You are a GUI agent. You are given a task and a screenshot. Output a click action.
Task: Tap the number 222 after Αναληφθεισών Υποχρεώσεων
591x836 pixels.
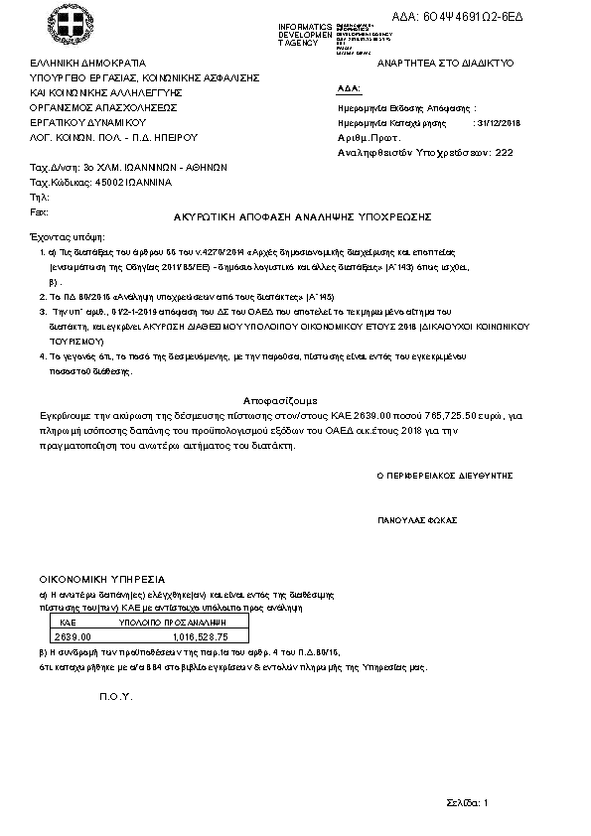coord(504,153)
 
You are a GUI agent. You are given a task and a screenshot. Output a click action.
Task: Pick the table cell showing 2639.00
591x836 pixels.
coord(72,636)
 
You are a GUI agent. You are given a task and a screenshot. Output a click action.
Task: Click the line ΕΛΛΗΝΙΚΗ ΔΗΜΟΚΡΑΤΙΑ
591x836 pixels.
coord(87,62)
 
